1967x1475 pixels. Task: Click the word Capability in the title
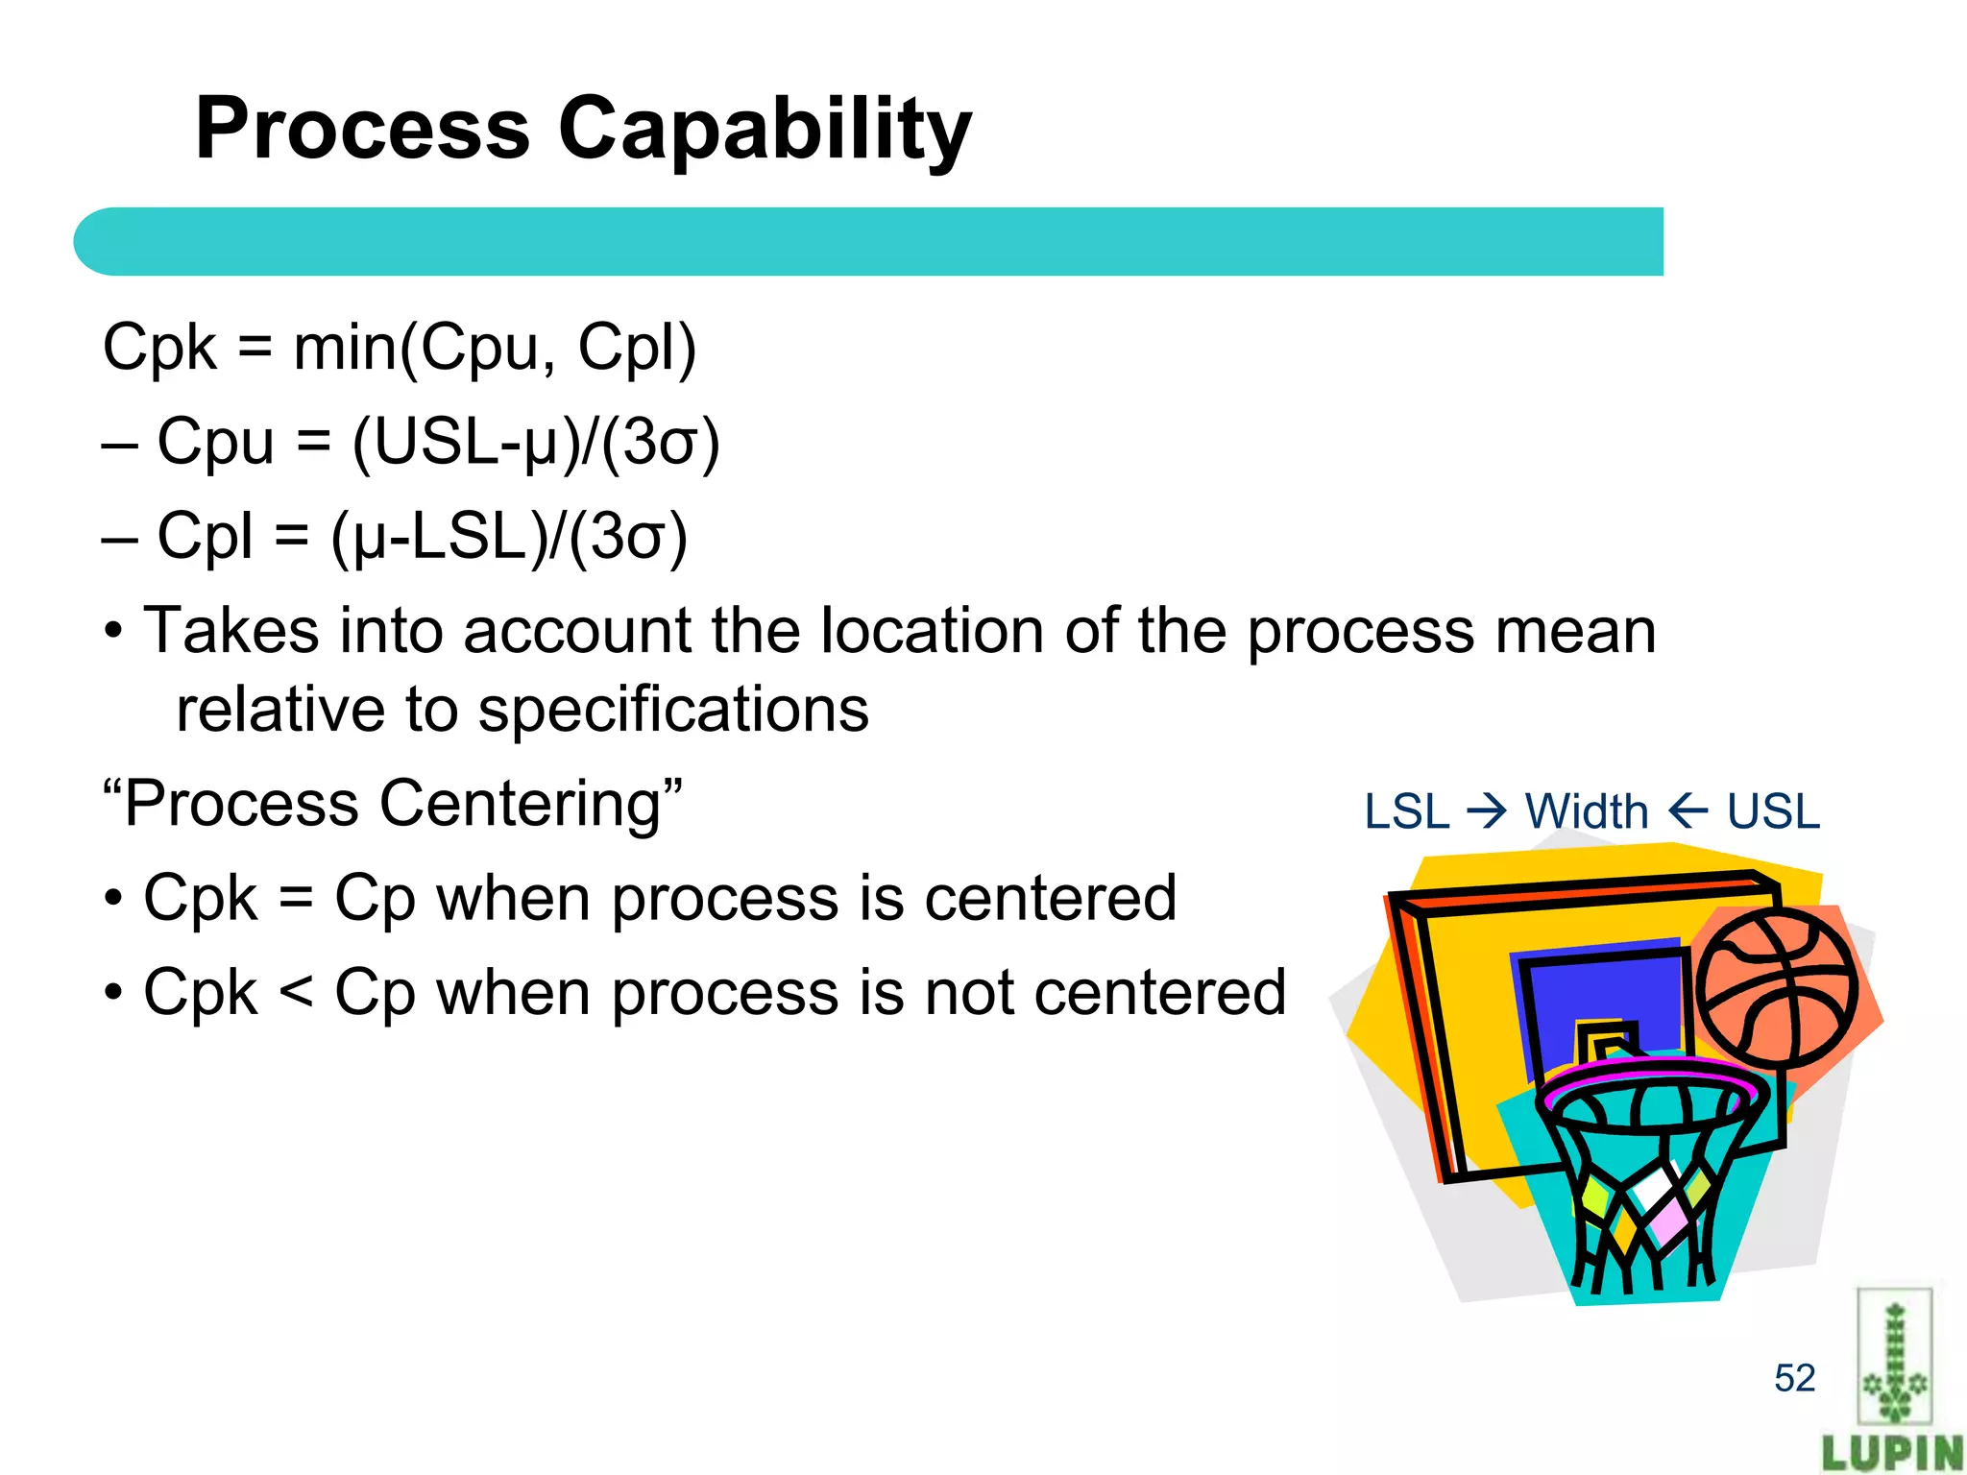[765, 130]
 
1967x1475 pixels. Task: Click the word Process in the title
[362, 130]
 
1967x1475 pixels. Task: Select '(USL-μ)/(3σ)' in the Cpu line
[536, 444]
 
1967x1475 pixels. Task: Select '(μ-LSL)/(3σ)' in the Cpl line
[509, 538]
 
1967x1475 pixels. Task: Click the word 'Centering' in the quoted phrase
[521, 804]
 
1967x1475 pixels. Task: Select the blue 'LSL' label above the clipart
[1406, 812]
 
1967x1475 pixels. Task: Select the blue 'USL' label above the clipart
[1773, 812]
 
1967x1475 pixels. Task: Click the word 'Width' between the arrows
[1587, 812]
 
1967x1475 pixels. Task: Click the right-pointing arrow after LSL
[1488, 812]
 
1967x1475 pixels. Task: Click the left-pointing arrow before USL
[1688, 812]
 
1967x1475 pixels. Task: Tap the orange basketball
[1776, 989]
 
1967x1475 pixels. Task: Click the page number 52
[1794, 1379]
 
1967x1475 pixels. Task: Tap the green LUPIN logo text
[1892, 1453]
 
